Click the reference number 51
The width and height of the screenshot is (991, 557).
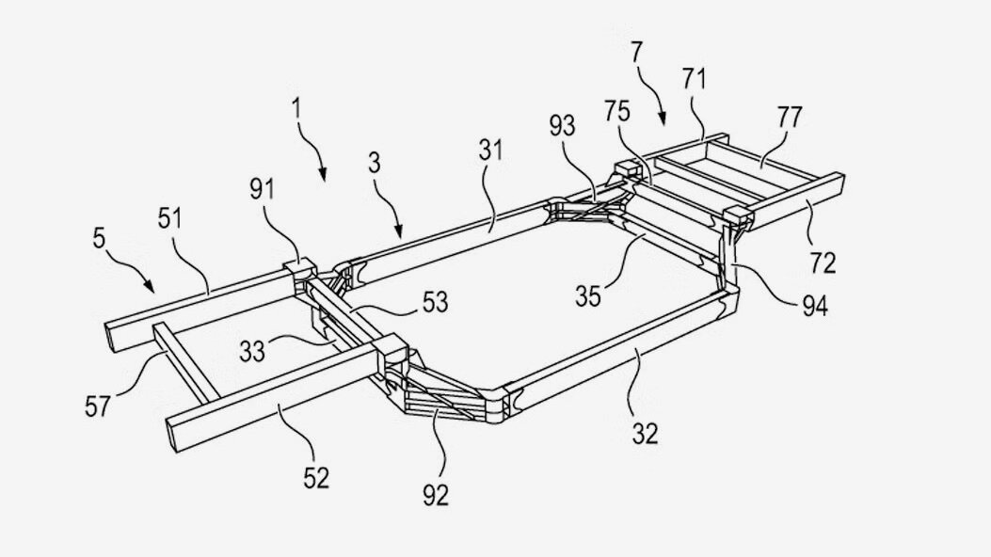coord(170,219)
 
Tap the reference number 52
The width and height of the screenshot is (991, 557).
coord(316,478)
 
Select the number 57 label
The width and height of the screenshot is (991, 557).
coord(98,406)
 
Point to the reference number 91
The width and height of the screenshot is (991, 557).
coord(261,189)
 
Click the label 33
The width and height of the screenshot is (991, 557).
coord(252,351)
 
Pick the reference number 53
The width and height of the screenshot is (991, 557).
coord(435,303)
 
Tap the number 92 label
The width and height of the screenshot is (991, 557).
coord(436,495)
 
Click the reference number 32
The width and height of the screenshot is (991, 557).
coord(645,434)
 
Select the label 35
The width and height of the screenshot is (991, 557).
coord(588,296)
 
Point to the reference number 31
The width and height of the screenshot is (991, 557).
coord(491,151)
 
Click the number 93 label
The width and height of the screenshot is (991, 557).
coord(562,126)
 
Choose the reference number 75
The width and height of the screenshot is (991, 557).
coord(616,111)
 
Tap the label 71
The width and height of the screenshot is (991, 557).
coord(694,80)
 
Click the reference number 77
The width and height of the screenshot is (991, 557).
coord(790,117)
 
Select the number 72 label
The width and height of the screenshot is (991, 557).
coord(823,263)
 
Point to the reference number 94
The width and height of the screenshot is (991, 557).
coord(815,306)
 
